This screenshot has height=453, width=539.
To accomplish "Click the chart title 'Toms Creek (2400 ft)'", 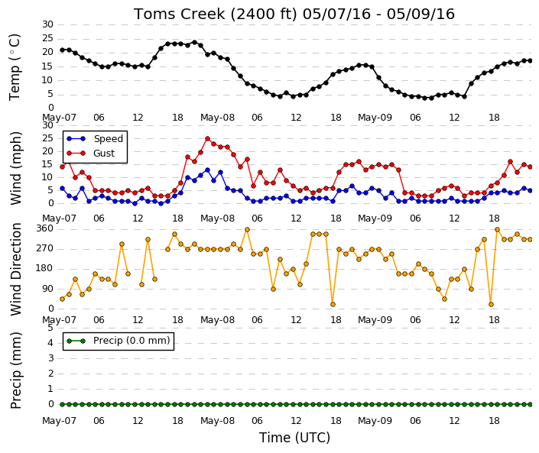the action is (215, 15).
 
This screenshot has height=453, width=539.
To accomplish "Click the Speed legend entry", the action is (95, 139).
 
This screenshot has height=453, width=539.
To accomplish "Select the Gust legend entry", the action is (91, 154).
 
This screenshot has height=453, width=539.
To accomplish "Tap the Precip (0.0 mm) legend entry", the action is (119, 341).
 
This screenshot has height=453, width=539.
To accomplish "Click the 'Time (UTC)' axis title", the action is (294, 438).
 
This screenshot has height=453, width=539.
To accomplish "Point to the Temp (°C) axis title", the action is (15, 67).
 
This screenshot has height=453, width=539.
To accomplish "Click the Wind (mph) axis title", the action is (16, 169).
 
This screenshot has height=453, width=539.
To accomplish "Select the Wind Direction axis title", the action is (16, 269).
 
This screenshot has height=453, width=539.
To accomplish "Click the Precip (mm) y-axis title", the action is (16, 370).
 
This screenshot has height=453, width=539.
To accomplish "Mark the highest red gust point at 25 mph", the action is (207, 139).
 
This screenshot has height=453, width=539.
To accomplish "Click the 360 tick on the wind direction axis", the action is (45, 228).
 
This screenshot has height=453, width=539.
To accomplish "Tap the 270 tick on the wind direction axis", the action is (45, 248).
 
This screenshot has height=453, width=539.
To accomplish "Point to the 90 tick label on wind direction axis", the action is (47, 289).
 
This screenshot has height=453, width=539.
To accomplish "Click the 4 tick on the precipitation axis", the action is (51, 343).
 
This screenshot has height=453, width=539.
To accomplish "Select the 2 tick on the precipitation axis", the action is (51, 374).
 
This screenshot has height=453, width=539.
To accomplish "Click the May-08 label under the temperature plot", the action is (218, 118).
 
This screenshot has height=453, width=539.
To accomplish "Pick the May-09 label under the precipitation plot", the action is (375, 421).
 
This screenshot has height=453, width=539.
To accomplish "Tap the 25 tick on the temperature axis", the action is (47, 38).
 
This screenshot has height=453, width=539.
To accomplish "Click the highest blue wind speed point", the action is (207, 170).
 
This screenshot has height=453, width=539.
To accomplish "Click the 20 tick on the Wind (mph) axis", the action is (47, 151).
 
